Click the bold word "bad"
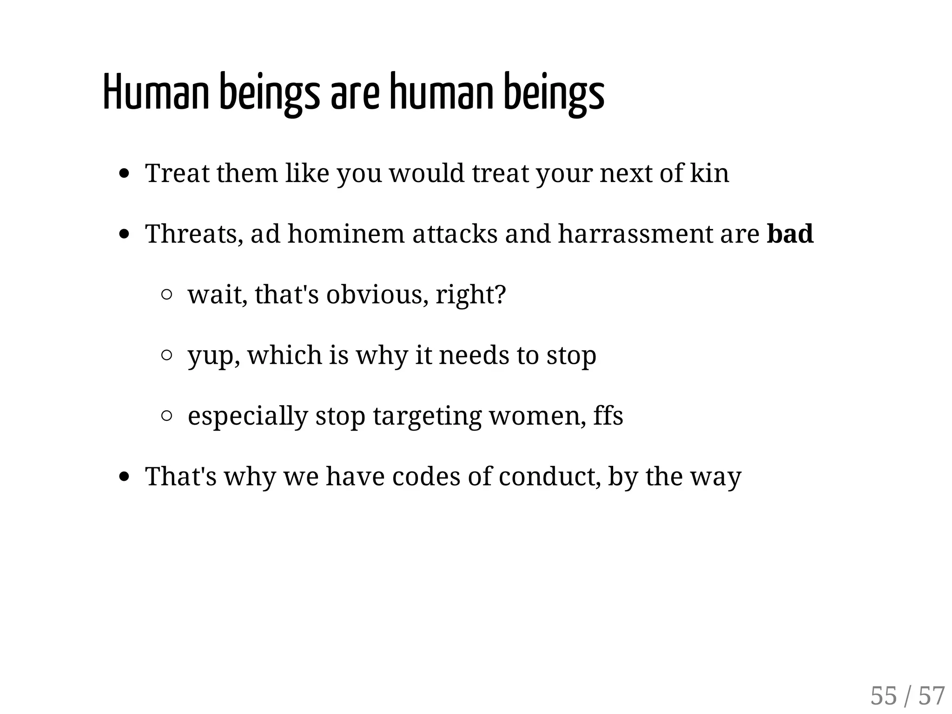tap(790, 234)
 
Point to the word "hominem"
tap(346, 234)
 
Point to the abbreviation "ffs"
tap(608, 415)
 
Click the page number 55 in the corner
tap(883, 696)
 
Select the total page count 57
tap(932, 696)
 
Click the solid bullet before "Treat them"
tap(124, 174)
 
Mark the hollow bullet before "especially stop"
tap(166, 416)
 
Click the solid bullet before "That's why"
tap(124, 477)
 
